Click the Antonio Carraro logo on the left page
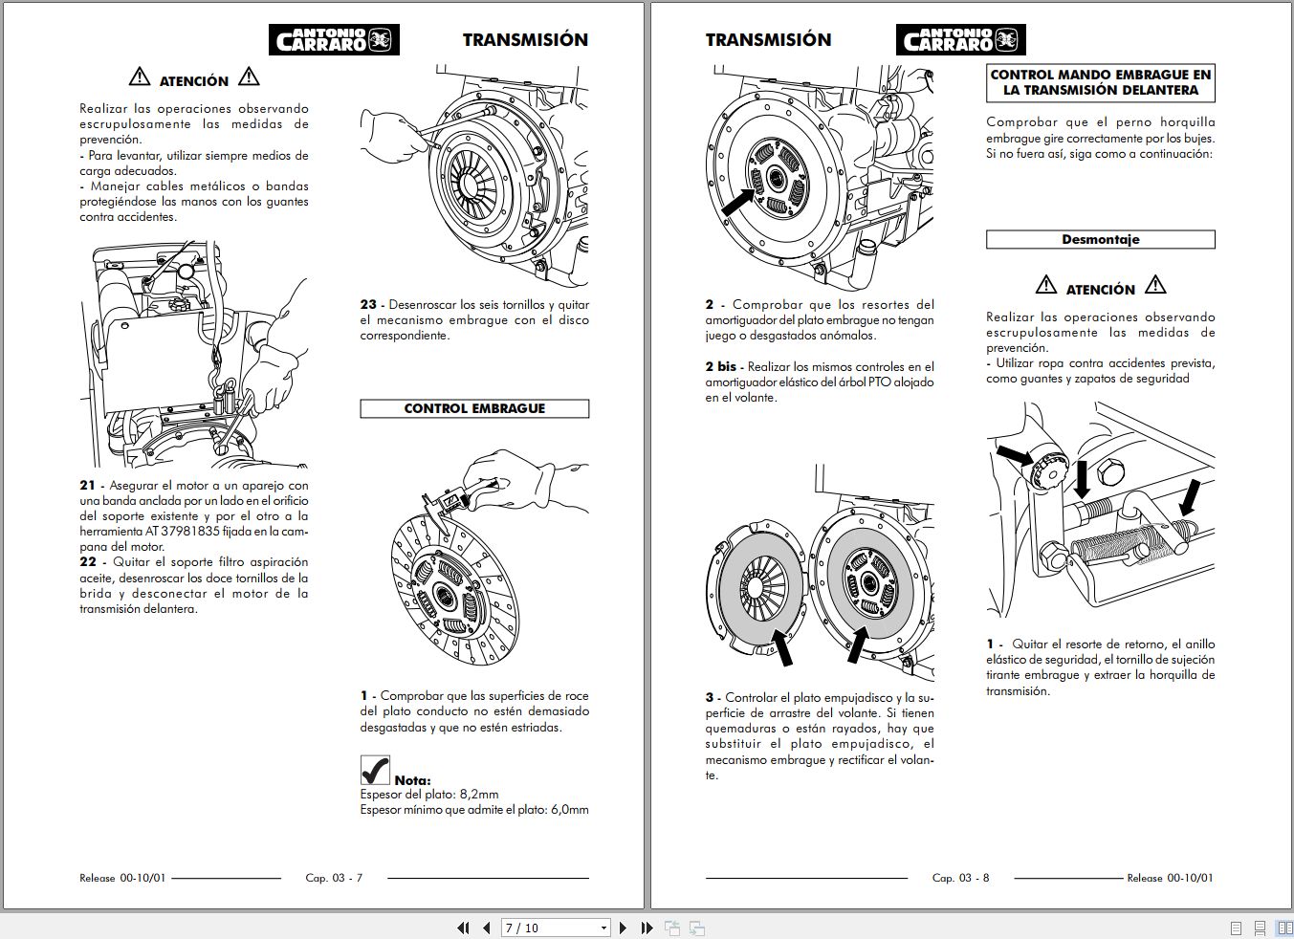(333, 39)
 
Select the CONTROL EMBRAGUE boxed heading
(474, 408)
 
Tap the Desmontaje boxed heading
(1100, 240)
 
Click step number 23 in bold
(368, 305)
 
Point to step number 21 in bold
(88, 486)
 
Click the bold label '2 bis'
(721, 367)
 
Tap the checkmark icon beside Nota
(375, 770)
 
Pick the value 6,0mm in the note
(569, 810)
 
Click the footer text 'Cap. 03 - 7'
(334, 878)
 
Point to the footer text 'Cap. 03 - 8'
(960, 878)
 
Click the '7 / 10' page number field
(550, 928)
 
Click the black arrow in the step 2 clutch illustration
(738, 201)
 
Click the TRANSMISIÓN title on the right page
(768, 40)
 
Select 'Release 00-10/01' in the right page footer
(1170, 878)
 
